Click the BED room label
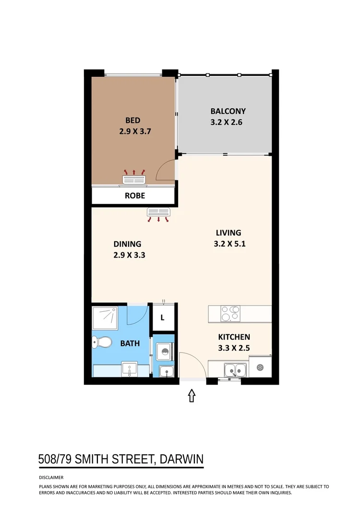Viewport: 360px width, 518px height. tap(133, 120)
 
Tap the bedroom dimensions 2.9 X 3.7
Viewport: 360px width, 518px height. tap(135, 130)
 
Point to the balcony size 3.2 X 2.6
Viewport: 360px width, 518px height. tap(227, 122)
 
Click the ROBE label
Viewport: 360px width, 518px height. tap(134, 196)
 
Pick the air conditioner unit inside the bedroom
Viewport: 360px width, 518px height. tap(134, 180)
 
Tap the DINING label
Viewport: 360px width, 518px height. tap(127, 244)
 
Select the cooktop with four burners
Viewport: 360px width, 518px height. tap(230, 314)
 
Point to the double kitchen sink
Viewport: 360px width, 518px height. tap(235, 370)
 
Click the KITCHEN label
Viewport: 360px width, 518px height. tap(234, 337)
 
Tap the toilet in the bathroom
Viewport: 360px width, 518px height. tap(101, 342)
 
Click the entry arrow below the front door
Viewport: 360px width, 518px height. tap(192, 396)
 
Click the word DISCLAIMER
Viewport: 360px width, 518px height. tap(51, 478)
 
